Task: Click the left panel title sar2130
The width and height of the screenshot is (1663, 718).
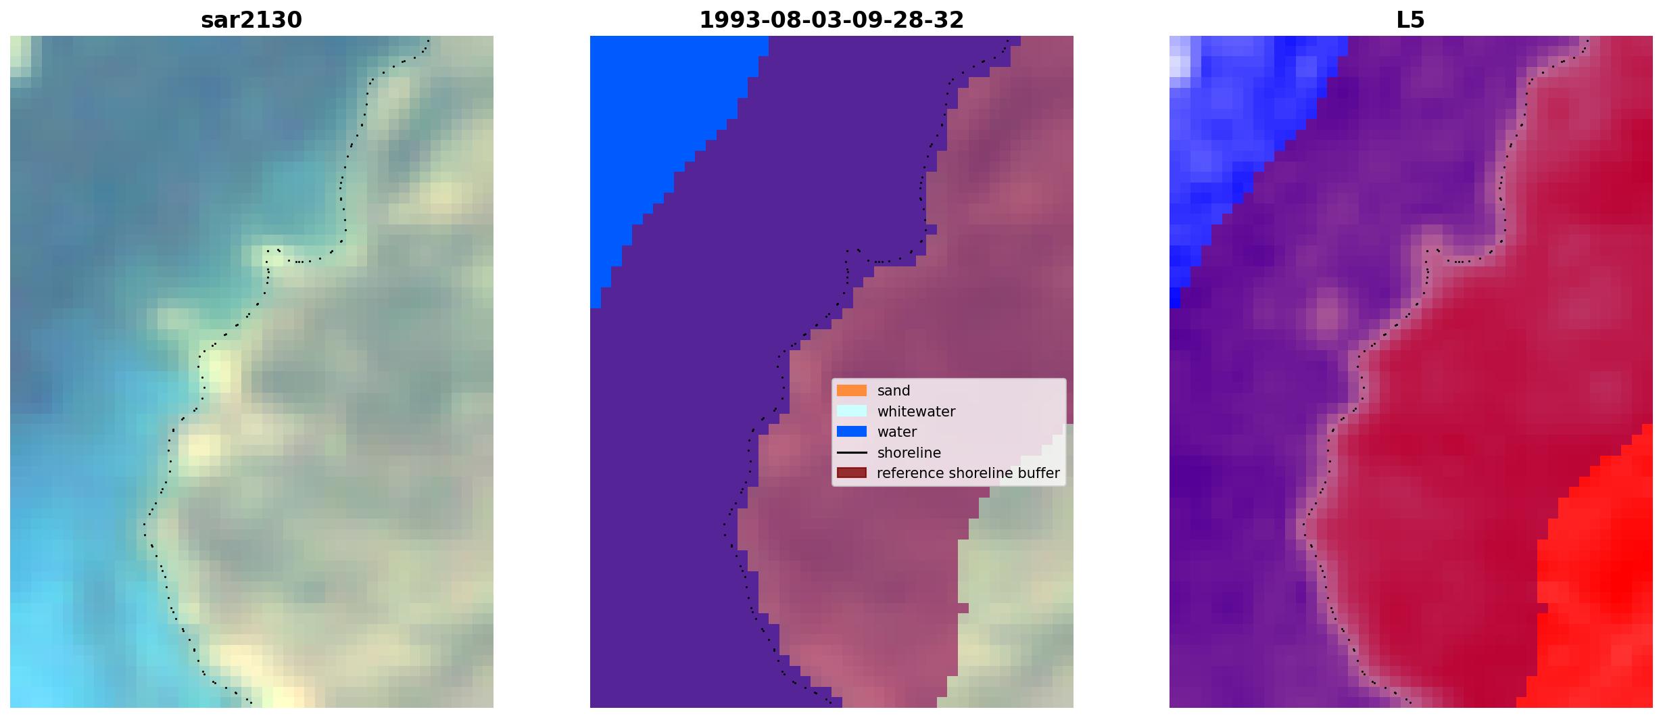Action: point(251,20)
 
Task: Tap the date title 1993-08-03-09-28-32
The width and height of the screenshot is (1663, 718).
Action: point(831,20)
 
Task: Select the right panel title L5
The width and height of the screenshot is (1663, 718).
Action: point(1411,20)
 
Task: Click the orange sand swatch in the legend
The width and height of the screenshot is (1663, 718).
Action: point(852,390)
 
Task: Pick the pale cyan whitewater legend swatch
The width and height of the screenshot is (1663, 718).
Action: point(852,411)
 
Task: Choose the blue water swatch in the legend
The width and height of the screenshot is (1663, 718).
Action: point(852,431)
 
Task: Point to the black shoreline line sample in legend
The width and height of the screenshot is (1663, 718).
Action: point(852,452)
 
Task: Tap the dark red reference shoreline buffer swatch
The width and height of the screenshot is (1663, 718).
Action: point(852,473)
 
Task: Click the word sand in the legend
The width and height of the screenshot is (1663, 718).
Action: point(894,391)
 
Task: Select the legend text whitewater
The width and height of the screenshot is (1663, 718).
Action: point(916,411)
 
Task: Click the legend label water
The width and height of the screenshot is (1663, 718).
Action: point(897,432)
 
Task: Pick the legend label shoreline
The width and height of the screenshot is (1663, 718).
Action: point(909,452)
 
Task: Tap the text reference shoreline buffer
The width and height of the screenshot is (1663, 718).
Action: point(968,473)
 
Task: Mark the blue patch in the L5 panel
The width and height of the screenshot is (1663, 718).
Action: point(1237,135)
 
